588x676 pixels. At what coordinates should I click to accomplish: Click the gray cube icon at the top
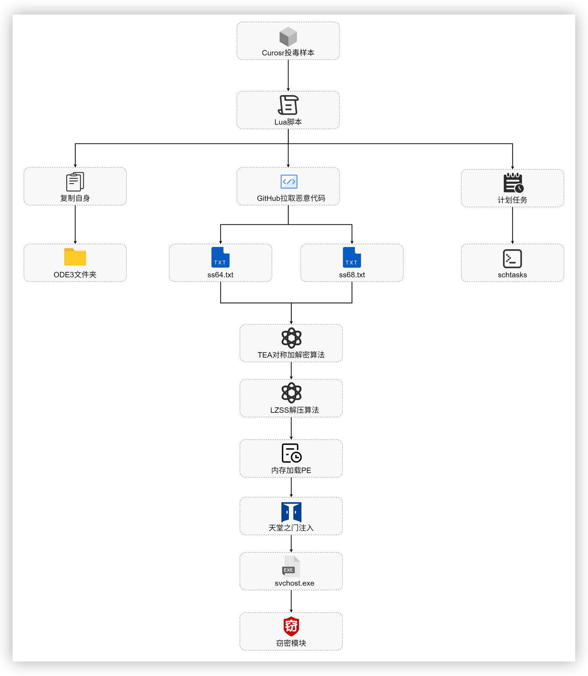(x=288, y=36)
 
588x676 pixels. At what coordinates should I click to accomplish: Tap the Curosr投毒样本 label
(x=288, y=53)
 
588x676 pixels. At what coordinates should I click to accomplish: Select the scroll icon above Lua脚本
(x=288, y=105)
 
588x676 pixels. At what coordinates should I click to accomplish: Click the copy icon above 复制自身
(x=75, y=182)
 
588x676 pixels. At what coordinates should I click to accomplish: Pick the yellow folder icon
(x=75, y=257)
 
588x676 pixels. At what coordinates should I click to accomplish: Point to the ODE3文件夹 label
(x=75, y=275)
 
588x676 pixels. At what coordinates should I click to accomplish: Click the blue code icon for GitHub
(x=289, y=182)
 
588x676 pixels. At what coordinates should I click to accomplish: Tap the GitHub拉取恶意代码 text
(x=291, y=198)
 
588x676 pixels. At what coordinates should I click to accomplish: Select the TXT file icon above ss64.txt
(x=220, y=257)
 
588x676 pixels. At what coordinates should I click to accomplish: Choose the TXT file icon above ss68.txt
(x=352, y=257)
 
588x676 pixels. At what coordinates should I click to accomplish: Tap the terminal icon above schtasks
(x=512, y=259)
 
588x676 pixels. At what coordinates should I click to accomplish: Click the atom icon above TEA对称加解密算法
(x=291, y=338)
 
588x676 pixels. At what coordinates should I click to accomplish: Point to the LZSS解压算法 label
(x=294, y=410)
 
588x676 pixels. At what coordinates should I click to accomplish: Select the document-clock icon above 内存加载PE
(x=291, y=453)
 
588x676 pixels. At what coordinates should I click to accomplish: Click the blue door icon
(x=291, y=512)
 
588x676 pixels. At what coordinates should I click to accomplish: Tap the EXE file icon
(x=291, y=567)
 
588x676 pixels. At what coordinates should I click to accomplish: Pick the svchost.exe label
(x=294, y=583)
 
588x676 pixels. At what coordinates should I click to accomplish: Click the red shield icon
(x=291, y=626)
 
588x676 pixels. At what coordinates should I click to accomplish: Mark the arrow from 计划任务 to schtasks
(x=513, y=225)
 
